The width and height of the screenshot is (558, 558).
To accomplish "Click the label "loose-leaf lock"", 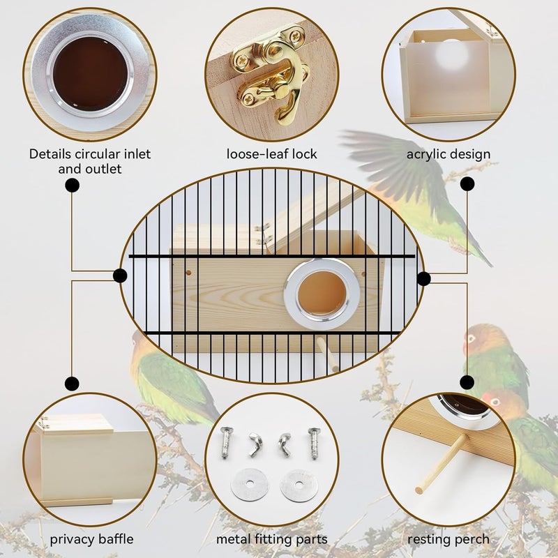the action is click(x=271, y=154).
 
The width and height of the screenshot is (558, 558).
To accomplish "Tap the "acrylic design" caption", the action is click(x=448, y=154).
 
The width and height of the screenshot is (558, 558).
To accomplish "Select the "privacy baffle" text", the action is click(x=91, y=539).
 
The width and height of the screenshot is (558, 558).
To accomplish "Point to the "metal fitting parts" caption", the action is click(x=272, y=539).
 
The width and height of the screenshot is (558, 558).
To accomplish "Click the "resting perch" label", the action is click(x=448, y=539).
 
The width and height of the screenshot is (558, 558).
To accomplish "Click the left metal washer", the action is click(x=250, y=485).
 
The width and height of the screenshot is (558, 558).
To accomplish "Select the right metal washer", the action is click(x=299, y=485).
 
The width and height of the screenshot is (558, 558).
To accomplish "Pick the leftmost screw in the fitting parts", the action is click(x=226, y=442).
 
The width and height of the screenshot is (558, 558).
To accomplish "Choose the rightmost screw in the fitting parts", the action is click(x=314, y=443).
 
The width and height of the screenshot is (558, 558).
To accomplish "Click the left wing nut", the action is click(x=255, y=444).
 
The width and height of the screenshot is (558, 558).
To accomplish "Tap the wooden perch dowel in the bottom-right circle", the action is click(x=442, y=464).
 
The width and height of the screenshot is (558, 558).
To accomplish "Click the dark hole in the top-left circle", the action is click(x=90, y=74).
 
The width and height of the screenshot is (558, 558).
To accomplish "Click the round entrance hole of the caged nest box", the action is click(x=322, y=293).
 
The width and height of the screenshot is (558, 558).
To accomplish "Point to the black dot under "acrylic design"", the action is click(x=467, y=184).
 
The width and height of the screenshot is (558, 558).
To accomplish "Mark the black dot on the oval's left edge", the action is click(x=120, y=276).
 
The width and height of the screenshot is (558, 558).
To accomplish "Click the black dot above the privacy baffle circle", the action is click(x=72, y=384).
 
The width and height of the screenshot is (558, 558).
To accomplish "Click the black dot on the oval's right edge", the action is click(x=423, y=278).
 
